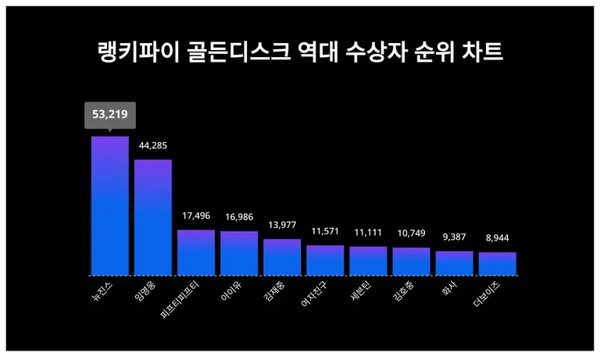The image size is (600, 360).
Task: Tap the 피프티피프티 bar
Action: pyautogui.click(x=196, y=252)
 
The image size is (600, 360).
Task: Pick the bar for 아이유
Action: pyautogui.click(x=239, y=253)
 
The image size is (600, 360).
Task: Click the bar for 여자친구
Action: pyautogui.click(x=325, y=260)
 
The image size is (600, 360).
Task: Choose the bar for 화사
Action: pyautogui.click(x=454, y=263)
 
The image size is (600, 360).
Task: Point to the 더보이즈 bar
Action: pyautogui.click(x=497, y=264)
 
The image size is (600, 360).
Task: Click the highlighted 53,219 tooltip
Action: pyautogui.click(x=109, y=115)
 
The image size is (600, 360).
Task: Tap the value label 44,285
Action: pyautogui.click(x=153, y=145)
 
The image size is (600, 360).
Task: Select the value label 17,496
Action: pyautogui.click(x=196, y=216)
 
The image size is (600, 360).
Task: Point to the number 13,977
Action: pyautogui.click(x=282, y=225)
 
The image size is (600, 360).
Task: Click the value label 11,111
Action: pyautogui.click(x=368, y=232)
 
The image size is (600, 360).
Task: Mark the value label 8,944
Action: pyautogui.click(x=497, y=237)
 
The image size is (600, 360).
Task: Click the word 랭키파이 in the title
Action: pyautogui.click(x=130, y=52)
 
